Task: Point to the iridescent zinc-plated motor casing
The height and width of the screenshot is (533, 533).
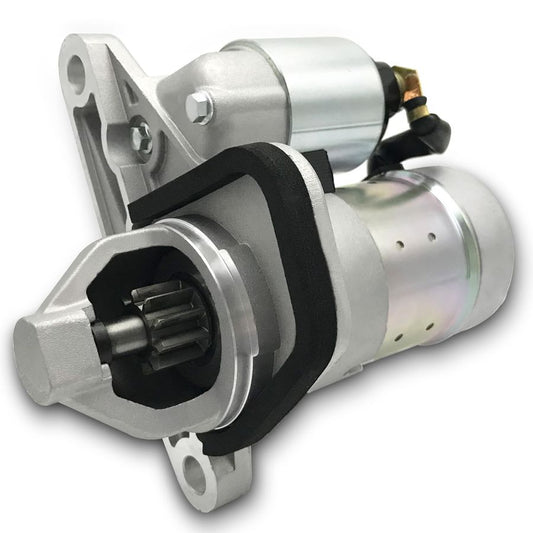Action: (400, 270)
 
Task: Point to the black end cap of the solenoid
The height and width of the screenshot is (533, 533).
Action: (385, 100)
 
